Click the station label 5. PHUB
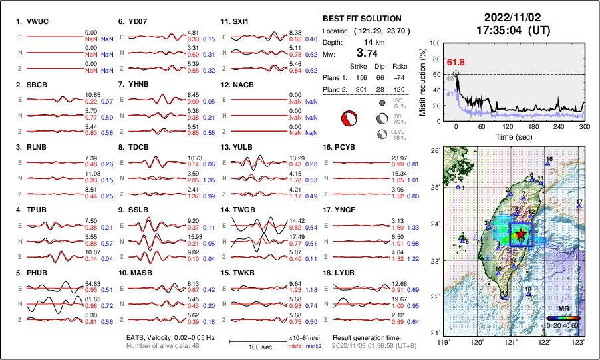32,272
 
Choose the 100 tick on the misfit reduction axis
436,43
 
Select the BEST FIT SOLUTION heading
362,18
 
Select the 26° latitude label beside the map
434,151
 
